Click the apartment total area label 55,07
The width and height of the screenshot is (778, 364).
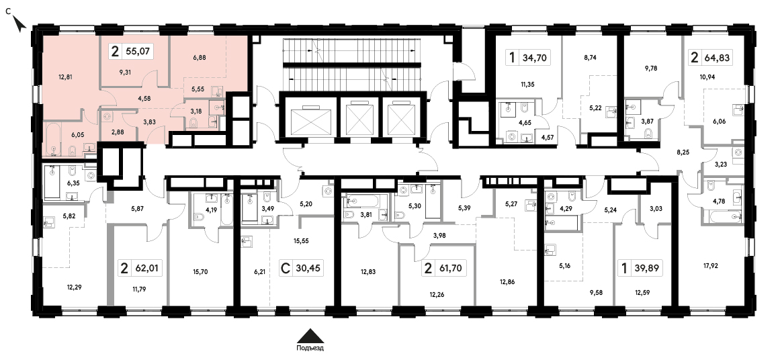click(140, 50)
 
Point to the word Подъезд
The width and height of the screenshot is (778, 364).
click(310, 348)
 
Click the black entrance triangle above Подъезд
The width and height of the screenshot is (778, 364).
click(310, 336)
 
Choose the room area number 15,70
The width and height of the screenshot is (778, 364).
click(200, 271)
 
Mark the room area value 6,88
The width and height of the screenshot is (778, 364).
click(199, 58)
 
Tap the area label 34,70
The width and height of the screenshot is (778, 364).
click(534, 58)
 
